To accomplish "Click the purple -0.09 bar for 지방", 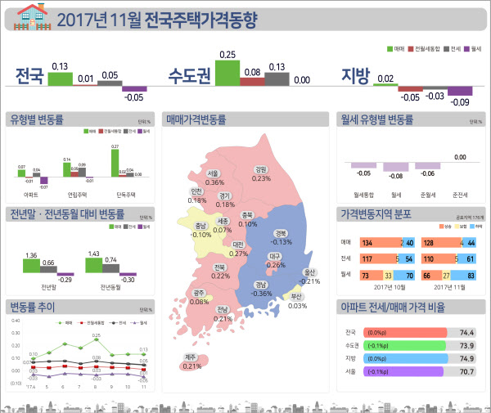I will [461, 91].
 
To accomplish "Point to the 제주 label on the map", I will [190, 357].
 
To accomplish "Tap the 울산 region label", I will [309, 272].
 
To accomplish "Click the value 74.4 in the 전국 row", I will [467, 333].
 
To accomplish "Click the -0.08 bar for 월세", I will [396, 167].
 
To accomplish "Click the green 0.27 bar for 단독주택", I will [115, 162].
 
